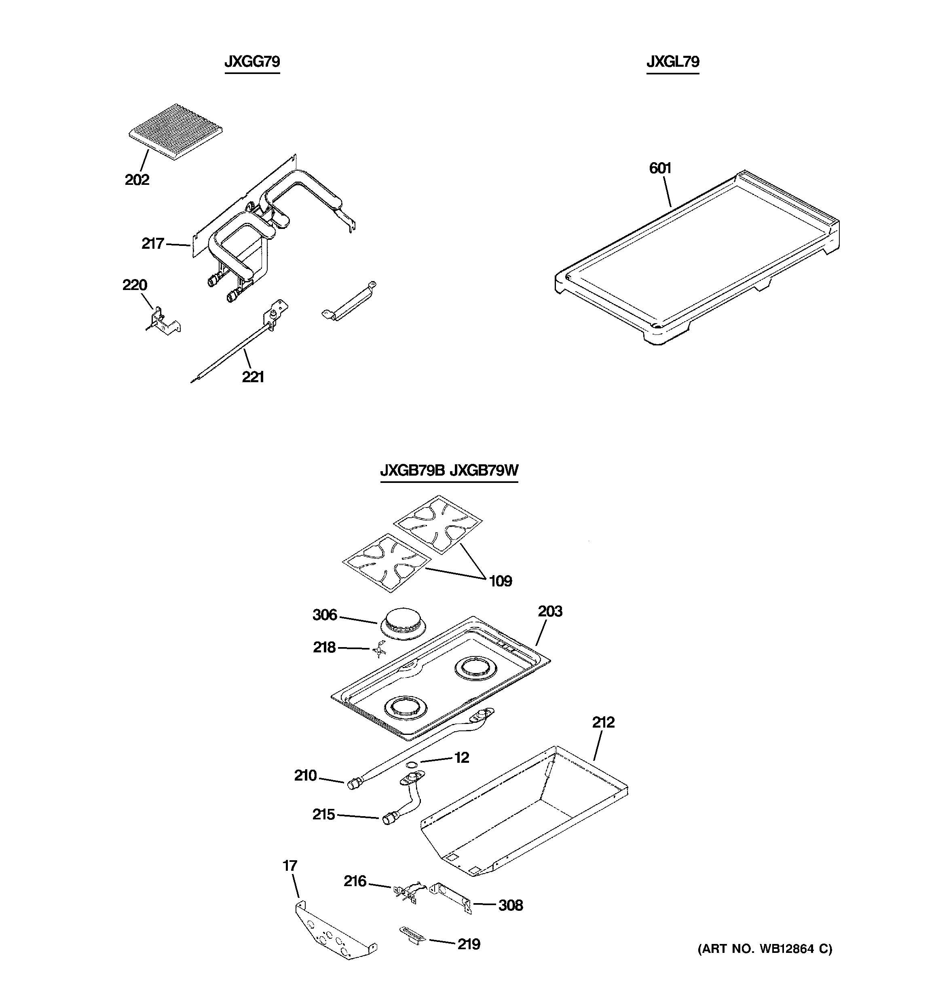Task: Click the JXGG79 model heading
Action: pos(252,62)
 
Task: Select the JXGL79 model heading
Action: pos(673,62)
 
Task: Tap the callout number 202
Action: pos(137,180)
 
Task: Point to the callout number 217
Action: pos(152,244)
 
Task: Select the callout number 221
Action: pos(253,377)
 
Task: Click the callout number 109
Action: pos(501,581)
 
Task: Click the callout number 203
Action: pos(550,611)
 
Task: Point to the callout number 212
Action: pos(603,723)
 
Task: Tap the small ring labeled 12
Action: pos(411,765)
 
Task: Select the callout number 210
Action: pos(306,775)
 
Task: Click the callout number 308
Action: pos(511,905)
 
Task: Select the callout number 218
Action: pos(324,647)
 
